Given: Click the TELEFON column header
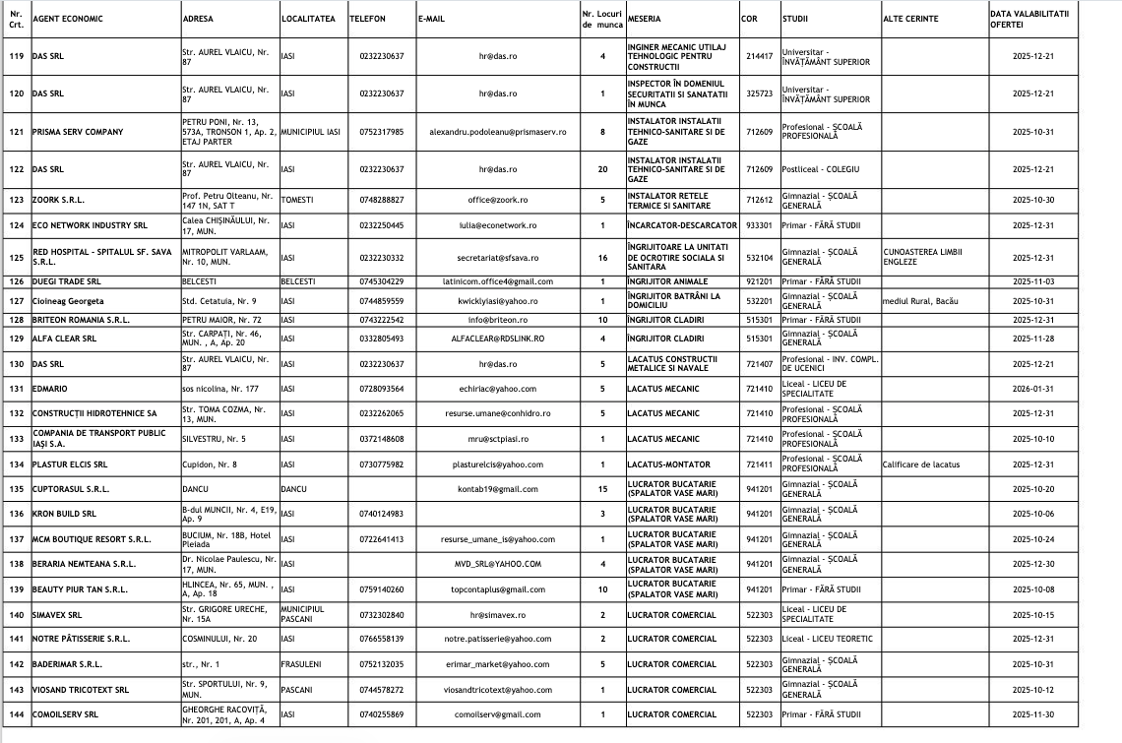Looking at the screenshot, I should click(x=367, y=19).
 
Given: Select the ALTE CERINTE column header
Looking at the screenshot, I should click(x=910, y=19).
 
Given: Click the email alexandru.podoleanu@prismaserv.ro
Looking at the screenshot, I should click(x=498, y=132).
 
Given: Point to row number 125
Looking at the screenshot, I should click(x=16, y=258).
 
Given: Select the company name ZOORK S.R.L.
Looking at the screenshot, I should click(x=58, y=200).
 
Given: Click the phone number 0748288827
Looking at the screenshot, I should click(x=382, y=200).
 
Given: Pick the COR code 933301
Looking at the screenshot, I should click(x=759, y=225).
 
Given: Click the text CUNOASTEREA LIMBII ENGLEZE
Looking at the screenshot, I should click(x=922, y=257).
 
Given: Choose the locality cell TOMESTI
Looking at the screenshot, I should click(x=297, y=200).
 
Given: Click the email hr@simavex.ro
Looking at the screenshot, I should click(x=498, y=615).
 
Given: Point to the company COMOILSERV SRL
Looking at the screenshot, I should click(x=65, y=714).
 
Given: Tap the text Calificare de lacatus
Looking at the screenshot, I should click(x=921, y=464).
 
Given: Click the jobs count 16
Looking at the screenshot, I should click(x=602, y=258).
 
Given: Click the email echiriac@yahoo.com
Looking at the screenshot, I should click(x=498, y=389).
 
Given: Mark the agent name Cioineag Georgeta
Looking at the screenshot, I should click(x=68, y=301).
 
